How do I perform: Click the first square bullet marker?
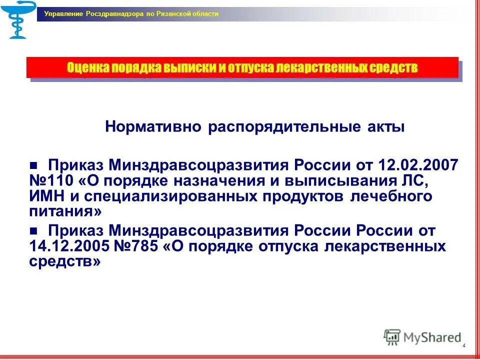point(34,166)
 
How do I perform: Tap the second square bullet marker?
point(34,231)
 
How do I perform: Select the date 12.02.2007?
point(418,165)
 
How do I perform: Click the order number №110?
point(50,180)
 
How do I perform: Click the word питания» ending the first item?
point(65,211)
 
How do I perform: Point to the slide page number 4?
point(464,346)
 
